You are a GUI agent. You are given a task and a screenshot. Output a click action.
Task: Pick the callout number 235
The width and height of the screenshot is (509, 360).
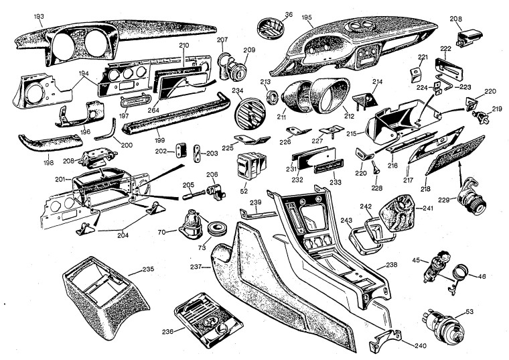[x=147, y=272]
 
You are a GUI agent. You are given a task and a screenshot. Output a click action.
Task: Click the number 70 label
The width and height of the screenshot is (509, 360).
[x=161, y=232]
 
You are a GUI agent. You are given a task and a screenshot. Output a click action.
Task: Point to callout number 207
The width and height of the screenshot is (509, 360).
[x=222, y=40]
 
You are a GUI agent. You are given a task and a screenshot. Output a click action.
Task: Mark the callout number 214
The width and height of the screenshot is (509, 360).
[x=377, y=81]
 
